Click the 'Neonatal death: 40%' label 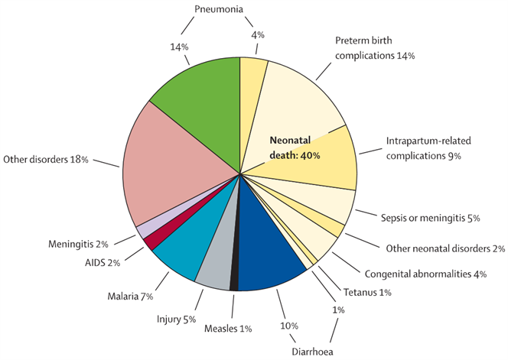tap(295, 148)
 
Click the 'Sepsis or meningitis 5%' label tap(429, 218)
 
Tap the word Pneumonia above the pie tap(217, 10)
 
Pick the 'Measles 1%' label tap(228, 328)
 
